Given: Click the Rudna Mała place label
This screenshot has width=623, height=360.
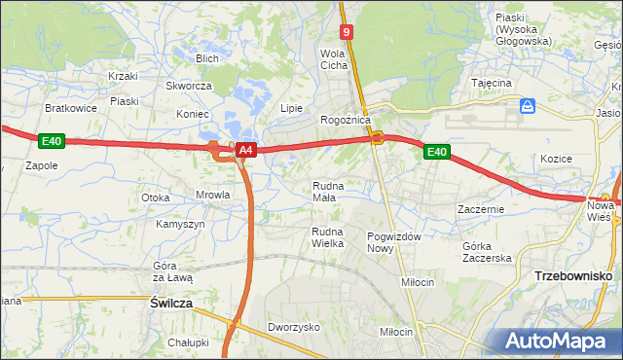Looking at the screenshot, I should coord(324,191).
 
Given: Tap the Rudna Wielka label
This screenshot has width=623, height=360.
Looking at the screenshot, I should coord(327,236).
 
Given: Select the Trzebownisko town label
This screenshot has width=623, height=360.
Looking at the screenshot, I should coord(572,276).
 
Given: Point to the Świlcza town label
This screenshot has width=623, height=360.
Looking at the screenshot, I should coord(171,304).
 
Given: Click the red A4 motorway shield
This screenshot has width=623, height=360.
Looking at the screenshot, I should coord(246,151).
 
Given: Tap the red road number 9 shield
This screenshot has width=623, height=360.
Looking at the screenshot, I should coord(348,32).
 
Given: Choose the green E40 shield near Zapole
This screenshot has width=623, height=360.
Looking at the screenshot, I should coord(53,142).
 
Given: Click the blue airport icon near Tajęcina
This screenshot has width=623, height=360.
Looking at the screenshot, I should coord(527,105).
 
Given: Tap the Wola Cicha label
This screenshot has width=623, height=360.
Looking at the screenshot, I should coord(334,59).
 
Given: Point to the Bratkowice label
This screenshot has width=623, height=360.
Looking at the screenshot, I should coord(71,108).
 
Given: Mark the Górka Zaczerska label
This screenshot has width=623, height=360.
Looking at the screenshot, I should coord(487,251).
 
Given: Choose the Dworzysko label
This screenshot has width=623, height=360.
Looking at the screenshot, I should coord(294,328).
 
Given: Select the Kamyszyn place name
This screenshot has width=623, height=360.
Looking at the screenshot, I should coord(180,224).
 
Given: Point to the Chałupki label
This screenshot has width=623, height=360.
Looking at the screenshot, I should coord(188,342).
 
